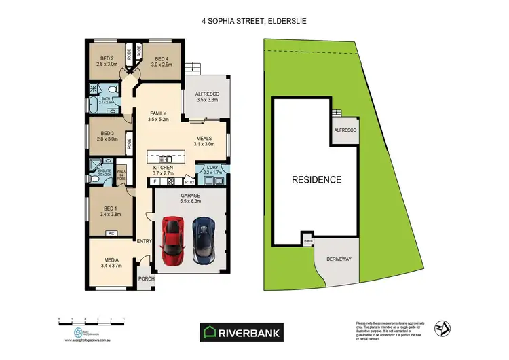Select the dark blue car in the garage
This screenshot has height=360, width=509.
pos(203,240)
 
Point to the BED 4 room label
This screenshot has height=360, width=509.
pos(161,58)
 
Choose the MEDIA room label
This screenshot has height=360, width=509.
pos(112,259)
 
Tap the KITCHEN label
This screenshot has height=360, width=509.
pos(163,168)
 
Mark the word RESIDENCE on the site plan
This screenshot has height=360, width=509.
pos(316,180)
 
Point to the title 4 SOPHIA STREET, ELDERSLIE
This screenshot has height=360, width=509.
pos(254,22)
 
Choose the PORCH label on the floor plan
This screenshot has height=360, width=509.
pos(146,279)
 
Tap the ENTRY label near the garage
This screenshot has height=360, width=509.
pos(145,242)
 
